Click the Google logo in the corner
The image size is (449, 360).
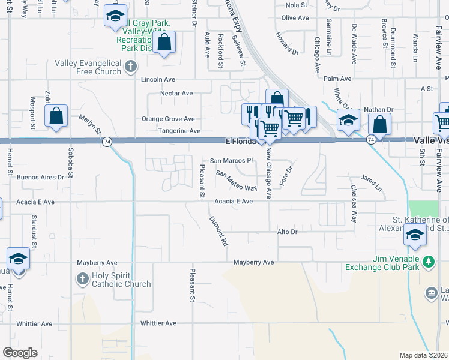tap(20, 353)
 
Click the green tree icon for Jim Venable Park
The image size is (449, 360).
tap(429, 262)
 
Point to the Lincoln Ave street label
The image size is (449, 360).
tap(158, 79)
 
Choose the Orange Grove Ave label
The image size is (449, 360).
tap(168, 119)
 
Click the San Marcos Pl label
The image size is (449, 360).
tap(232, 161)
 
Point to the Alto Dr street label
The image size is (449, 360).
tap(287, 232)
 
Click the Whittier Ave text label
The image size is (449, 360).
tap(158, 323)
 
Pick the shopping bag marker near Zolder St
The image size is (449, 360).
tap(56, 116)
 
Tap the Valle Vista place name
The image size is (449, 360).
tap(431, 139)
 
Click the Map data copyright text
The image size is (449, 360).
tap(423, 355)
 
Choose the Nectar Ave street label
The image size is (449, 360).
tap(176, 93)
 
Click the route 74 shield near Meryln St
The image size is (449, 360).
tap(106, 142)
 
